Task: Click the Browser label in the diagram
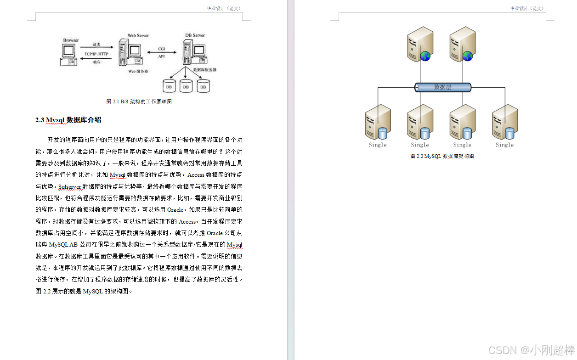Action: pos(71,40)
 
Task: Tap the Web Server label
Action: pos(138,35)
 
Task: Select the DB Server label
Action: pos(195,35)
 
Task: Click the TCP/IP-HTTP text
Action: pos(96,54)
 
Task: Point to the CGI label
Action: pos(162,49)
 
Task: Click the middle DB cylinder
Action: pos(186,86)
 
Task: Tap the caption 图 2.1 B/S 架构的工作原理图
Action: pos(139,101)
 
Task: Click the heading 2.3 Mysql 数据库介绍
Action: pos(68,120)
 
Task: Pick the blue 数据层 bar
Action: pos(443,87)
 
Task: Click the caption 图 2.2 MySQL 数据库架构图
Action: pos(442,156)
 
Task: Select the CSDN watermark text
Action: pos(531,350)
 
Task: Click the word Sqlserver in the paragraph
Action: pos(70,187)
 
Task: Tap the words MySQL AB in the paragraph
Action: pos(63,245)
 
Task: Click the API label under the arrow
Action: pos(162,56)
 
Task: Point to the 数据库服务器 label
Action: pos(205,70)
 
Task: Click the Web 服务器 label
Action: pos(138,72)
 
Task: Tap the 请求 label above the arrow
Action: pos(96,45)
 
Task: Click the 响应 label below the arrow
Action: pos(96,62)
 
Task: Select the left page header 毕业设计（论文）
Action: pos(223,8)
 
